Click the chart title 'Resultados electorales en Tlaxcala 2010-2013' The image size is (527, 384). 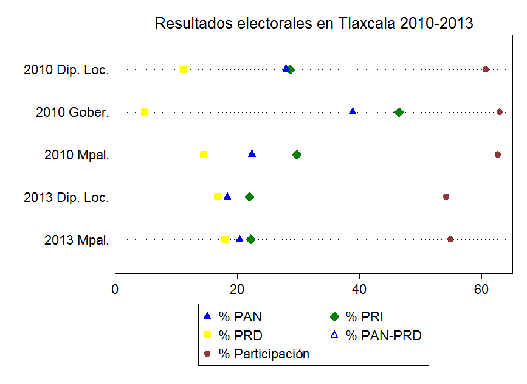point(314,23)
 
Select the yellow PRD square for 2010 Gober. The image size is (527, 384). point(145,112)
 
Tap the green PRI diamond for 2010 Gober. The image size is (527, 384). point(399,112)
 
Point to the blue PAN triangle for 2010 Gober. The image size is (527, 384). point(353,111)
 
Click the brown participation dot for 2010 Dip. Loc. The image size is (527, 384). point(486,69)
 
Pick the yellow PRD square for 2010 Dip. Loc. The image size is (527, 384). point(184,69)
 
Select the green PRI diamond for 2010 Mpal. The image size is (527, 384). point(297,155)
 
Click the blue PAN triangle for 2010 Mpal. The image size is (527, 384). point(252,154)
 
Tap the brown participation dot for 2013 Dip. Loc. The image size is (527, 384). point(446,197)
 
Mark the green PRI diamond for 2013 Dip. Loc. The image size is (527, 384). point(249,197)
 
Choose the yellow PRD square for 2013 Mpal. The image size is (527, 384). point(225,239)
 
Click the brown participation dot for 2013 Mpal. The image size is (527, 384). point(450,239)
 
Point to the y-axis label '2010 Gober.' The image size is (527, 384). point(72,113)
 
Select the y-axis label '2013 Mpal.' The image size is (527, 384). point(77,240)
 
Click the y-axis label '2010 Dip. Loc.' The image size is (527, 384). point(66,70)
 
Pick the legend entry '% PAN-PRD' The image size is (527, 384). point(383,335)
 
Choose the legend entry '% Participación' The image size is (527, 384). point(264,354)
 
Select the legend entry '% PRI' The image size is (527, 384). point(364,316)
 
